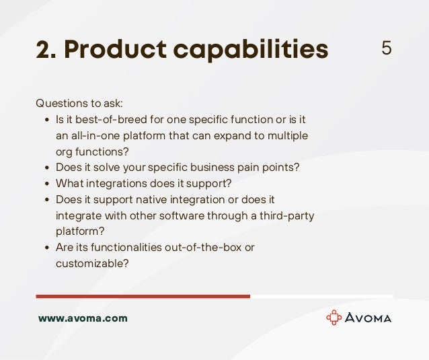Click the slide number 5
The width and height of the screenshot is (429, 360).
[x=386, y=48]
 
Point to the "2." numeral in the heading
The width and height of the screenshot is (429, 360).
[x=46, y=49]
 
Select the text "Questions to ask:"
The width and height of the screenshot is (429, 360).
[x=79, y=104]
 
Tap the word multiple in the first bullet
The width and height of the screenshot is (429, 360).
[x=288, y=136]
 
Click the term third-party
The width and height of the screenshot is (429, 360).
[x=286, y=215]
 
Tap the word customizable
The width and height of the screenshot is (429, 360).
[x=91, y=263]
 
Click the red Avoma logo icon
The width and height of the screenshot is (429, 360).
[x=334, y=318]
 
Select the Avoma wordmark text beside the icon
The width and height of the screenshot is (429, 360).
[x=368, y=318]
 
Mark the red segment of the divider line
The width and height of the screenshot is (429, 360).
[x=143, y=296]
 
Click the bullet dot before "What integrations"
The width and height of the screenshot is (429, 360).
[x=46, y=184]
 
